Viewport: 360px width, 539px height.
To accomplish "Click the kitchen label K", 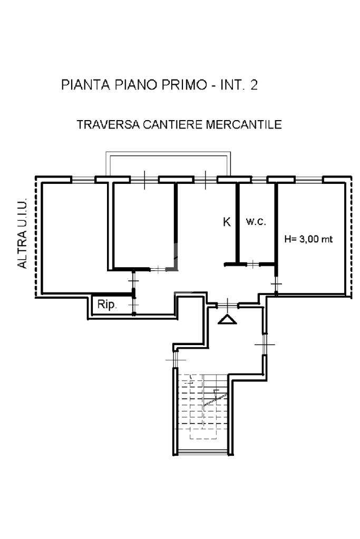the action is coord(227,222).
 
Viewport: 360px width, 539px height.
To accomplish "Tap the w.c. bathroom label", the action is coord(256,221).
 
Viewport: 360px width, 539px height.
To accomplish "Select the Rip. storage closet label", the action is coord(107,305).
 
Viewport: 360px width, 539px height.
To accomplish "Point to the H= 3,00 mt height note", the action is coord(308,239).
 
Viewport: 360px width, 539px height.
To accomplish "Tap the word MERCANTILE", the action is coord(244,124).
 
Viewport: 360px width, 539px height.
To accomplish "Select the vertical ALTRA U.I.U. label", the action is coord(22,233).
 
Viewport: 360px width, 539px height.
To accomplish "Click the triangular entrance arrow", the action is coord(227,319).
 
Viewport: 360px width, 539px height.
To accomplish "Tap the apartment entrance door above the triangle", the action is coord(227,305).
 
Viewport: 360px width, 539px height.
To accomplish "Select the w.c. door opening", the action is coord(252,264).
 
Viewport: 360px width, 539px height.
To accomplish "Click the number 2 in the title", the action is coord(254,84).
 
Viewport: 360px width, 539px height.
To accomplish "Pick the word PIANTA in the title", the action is coord(85,84).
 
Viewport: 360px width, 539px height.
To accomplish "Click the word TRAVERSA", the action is coord(108,124).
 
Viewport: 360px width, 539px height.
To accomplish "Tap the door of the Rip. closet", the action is coord(134,305).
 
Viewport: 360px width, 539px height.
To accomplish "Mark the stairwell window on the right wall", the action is coord(265,344).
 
